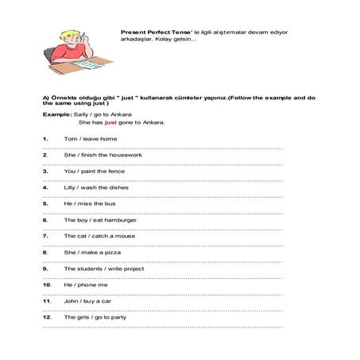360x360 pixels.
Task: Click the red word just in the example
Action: (110, 123)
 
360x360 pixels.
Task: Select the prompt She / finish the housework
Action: (92, 154)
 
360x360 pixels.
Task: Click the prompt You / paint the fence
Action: (88, 171)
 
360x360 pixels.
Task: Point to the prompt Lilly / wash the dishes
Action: (91, 187)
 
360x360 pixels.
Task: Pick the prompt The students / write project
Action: (99, 268)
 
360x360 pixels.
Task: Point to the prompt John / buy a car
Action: (84, 300)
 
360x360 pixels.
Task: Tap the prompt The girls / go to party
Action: (90, 316)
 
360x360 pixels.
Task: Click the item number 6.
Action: (45, 219)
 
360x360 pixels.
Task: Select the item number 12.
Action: (47, 316)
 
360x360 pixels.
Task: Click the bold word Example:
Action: (56, 114)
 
